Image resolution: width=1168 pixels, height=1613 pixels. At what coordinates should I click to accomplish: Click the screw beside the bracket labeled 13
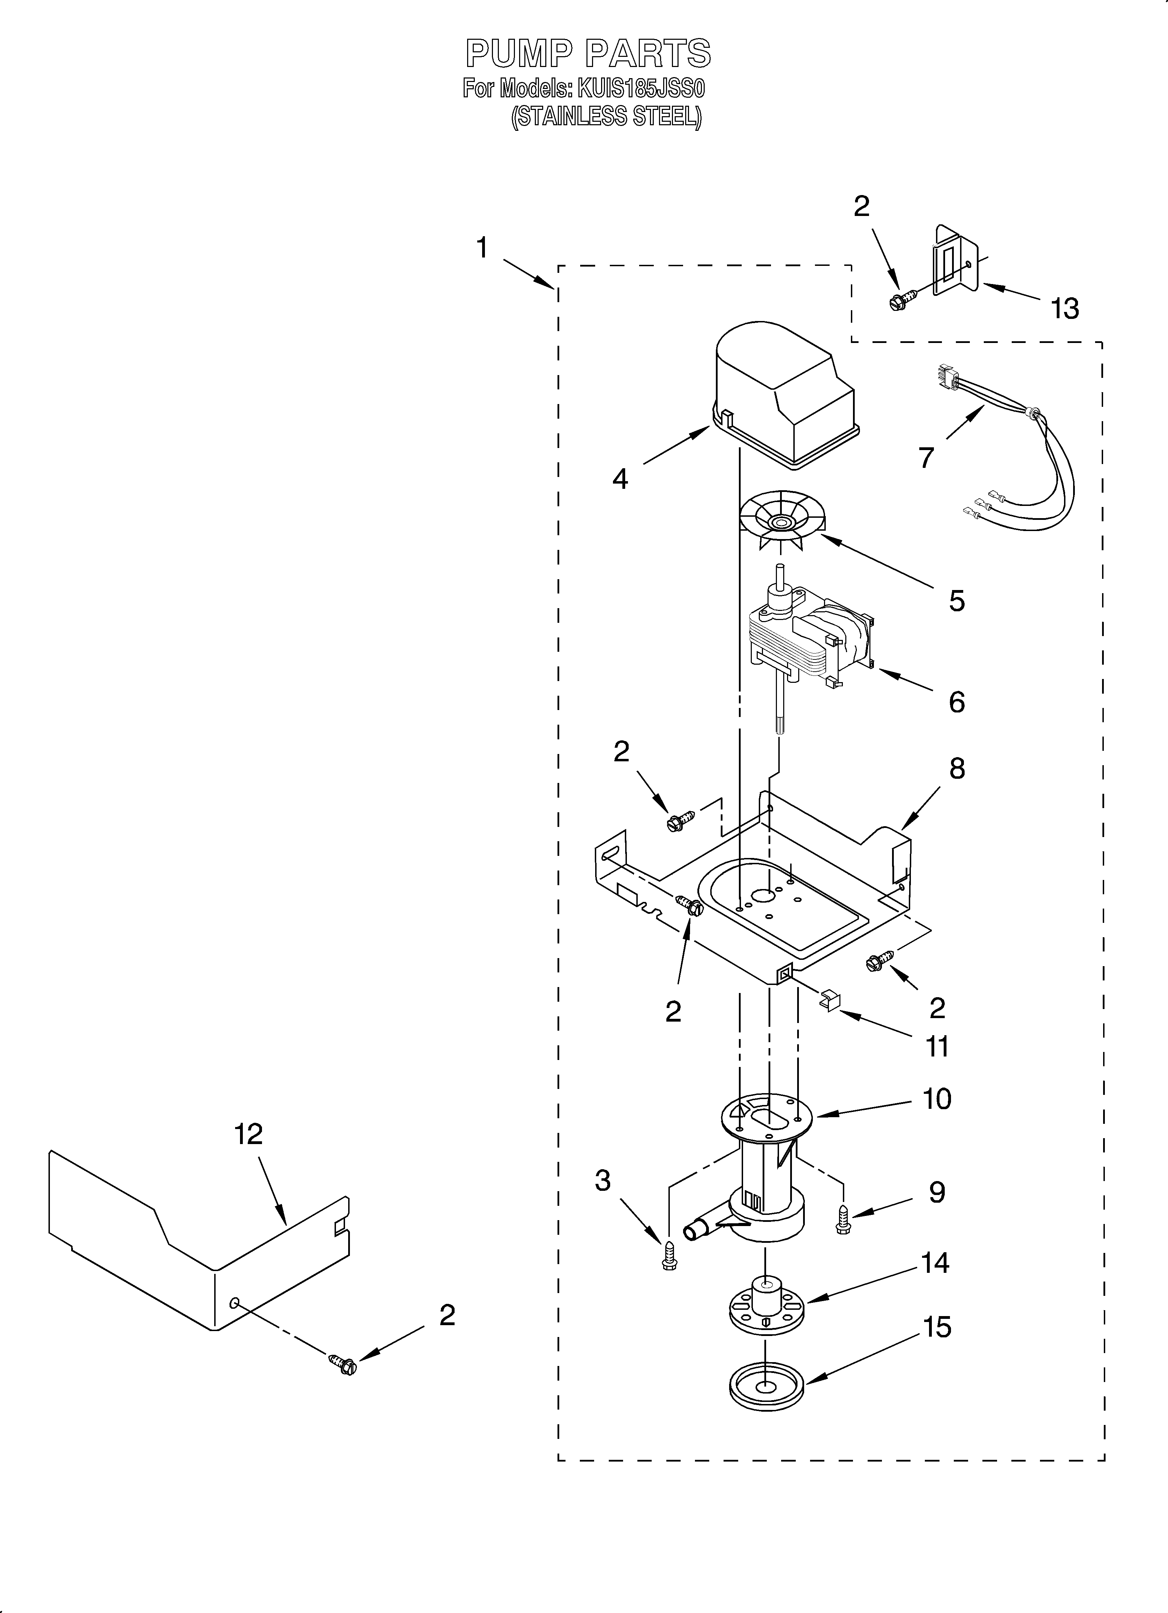click(x=897, y=301)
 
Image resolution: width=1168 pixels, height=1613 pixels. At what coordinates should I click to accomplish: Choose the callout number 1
click(x=482, y=248)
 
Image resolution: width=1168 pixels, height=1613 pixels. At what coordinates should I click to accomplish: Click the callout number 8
click(x=957, y=768)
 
